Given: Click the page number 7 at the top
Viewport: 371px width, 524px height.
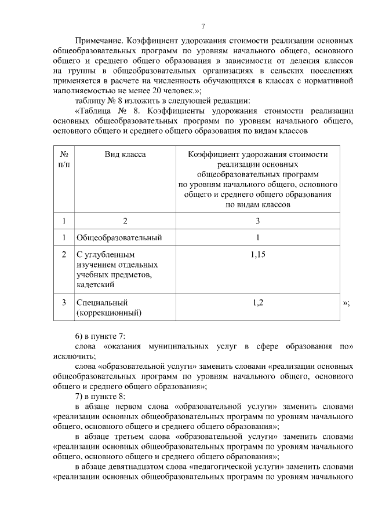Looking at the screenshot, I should [x=203, y=26].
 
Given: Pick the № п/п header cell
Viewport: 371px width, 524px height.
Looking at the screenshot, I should [x=64, y=160].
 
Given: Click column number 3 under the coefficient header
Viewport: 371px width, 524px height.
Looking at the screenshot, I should [x=258, y=221].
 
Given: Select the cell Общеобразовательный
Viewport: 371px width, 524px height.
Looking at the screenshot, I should [x=119, y=237].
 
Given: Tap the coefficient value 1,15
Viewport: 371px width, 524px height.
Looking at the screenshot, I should [x=258, y=254].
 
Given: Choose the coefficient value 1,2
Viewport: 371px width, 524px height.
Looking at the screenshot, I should [x=258, y=302].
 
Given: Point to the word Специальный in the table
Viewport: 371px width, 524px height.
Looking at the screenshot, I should [x=101, y=302].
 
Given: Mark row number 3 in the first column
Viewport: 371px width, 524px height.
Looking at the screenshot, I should [x=64, y=302].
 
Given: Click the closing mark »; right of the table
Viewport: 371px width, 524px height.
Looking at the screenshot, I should [x=346, y=303].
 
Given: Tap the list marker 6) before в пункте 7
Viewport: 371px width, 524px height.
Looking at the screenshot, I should [x=81, y=336].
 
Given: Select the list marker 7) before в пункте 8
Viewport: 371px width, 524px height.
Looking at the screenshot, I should [x=81, y=397].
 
